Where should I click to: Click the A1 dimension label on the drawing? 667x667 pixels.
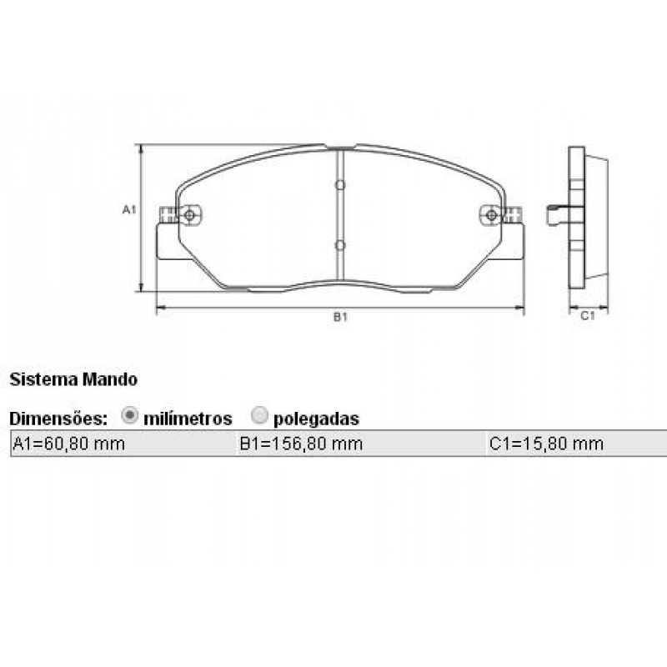[x=128, y=209]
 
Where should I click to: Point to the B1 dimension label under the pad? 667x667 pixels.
[x=340, y=318]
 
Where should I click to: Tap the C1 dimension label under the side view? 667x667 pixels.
[x=587, y=316]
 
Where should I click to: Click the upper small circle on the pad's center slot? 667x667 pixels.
[x=339, y=185]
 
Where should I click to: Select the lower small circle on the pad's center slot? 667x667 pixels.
[x=339, y=245]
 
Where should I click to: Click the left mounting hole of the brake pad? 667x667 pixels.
[x=190, y=216]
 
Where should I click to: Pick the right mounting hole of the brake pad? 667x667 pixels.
[x=491, y=216]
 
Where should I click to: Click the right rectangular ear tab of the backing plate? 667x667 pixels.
[x=514, y=242]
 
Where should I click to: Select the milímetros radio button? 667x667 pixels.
[x=130, y=416]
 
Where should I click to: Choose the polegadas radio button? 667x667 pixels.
[x=259, y=416]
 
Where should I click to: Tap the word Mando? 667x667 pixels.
[x=110, y=379]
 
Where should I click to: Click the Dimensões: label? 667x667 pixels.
[x=58, y=418]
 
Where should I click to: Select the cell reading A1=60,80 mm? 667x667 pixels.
[x=68, y=444]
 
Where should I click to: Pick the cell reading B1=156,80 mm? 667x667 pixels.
[x=301, y=444]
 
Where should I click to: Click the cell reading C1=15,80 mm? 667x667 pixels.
[x=546, y=444]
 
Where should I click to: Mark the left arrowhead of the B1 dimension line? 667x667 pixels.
[x=160, y=308]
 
